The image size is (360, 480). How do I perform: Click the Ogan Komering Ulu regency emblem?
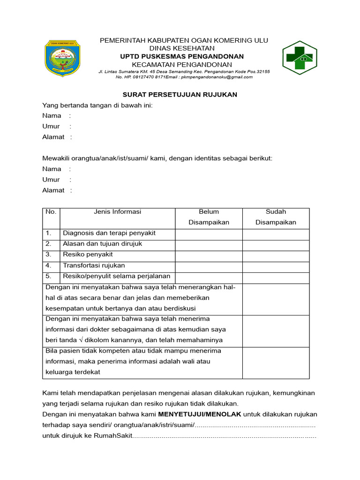tap(62, 58)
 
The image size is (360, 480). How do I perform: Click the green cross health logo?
tap(299, 58)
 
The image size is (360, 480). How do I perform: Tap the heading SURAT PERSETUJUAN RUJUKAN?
tap(180, 95)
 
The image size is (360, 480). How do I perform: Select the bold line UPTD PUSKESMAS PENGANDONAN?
tap(182, 56)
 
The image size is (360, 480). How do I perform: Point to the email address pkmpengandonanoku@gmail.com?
tap(217, 77)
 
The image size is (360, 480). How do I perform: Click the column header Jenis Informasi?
tap(118, 212)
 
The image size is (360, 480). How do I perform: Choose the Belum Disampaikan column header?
tap(209, 217)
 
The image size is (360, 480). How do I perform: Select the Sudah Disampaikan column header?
tap(276, 217)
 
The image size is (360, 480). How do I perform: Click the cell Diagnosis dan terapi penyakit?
tap(109, 233)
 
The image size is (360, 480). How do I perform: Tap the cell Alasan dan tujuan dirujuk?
tap(102, 244)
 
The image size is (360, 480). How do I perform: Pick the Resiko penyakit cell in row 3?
tap(88, 255)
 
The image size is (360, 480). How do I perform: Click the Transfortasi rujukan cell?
tap(94, 266)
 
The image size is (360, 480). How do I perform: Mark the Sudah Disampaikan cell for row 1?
tap(276, 234)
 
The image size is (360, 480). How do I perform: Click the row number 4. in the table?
tap(49, 266)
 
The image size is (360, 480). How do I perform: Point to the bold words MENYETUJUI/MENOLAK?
tap(199, 414)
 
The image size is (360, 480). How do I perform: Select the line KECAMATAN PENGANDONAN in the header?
tap(182, 64)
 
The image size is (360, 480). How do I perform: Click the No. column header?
tap(51, 212)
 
